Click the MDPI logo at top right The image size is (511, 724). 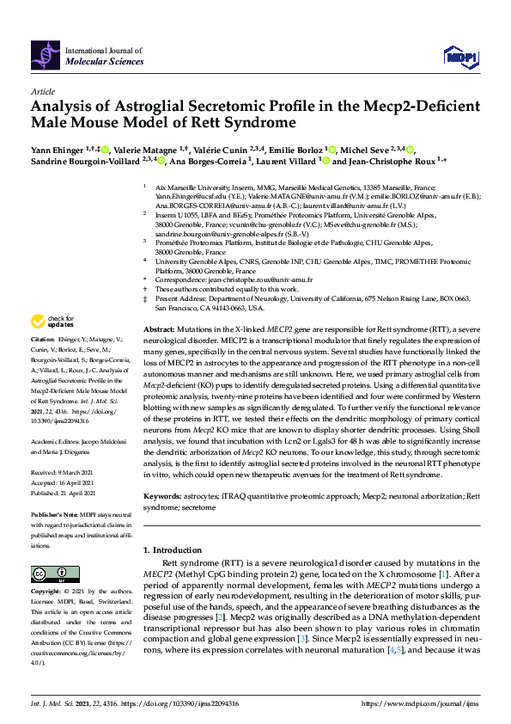coord(458,56)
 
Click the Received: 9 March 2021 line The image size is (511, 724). coord(63,448)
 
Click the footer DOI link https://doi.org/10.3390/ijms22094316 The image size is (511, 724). coord(177,703)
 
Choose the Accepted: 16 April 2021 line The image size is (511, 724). coord(64,460)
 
